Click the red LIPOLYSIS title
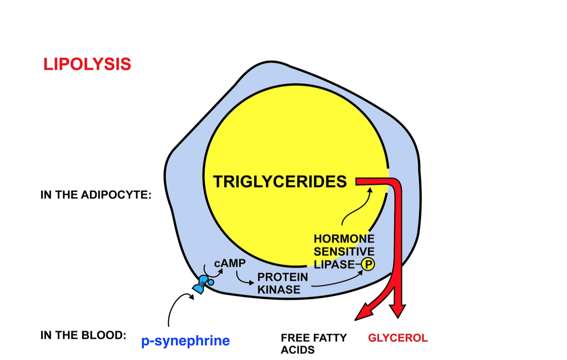tap(87, 64)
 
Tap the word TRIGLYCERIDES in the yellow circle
tap(280, 181)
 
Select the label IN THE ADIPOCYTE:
tap(96, 195)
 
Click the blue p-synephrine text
tap(186, 341)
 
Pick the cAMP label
tap(229, 263)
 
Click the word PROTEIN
tap(283, 277)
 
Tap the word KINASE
tap(279, 290)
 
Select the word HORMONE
tap(344, 239)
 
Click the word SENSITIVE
tap(344, 251)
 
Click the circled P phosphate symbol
tap(368, 265)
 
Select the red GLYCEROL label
tap(398, 338)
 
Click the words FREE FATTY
tap(314, 338)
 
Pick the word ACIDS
tap(298, 350)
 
